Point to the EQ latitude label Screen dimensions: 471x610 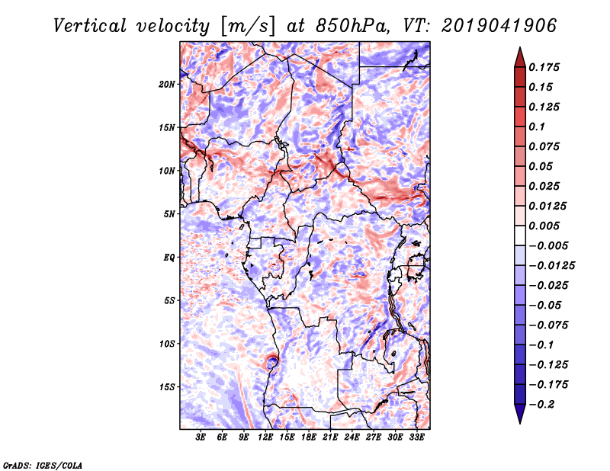[169, 257]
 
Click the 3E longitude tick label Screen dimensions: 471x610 [201, 437]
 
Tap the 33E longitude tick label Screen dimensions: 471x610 [417, 437]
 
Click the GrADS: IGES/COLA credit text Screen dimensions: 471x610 [43, 464]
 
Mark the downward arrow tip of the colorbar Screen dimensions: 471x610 [518, 421]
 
